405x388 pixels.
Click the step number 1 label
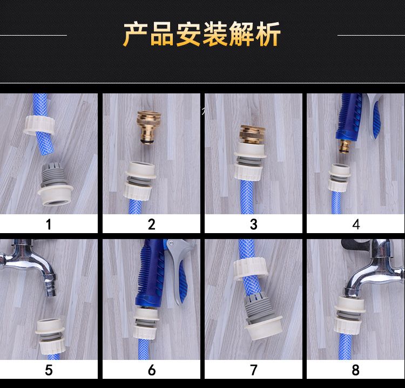[x=49, y=224]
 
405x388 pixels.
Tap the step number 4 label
[x=356, y=224]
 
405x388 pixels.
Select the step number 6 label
[x=152, y=370]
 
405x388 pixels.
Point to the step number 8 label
[x=355, y=370]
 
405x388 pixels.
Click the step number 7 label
[x=254, y=370]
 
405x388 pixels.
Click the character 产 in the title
[x=136, y=35]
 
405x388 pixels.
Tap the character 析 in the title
[x=268, y=35]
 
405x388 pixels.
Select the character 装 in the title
[x=215, y=35]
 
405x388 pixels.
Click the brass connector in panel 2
[x=148, y=127]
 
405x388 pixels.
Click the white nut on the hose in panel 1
[x=39, y=125]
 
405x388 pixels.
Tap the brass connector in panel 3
[x=252, y=134]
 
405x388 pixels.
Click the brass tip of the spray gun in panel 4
[x=344, y=147]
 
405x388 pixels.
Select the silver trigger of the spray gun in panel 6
[x=178, y=269]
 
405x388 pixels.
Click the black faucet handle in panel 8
[x=355, y=244]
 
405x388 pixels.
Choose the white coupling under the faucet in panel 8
[x=349, y=316]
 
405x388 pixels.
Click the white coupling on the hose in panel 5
[x=51, y=336]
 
